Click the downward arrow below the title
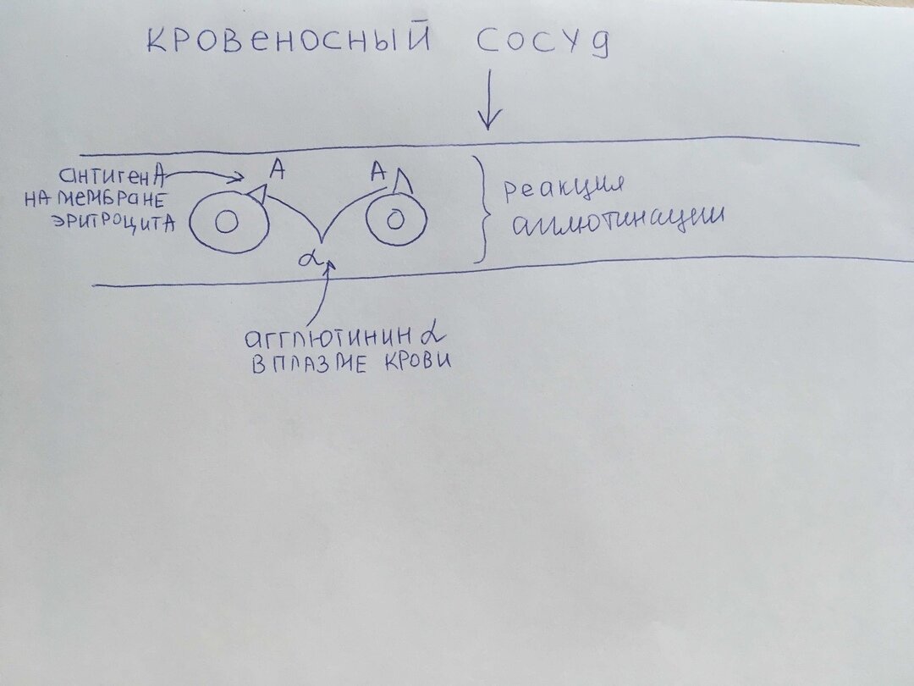pyautogui.click(x=488, y=106)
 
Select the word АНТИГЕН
pyautogui.click(x=105, y=176)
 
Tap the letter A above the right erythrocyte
pyautogui.click(x=378, y=173)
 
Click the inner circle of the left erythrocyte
pyautogui.click(x=226, y=223)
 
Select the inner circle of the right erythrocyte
pyautogui.click(x=395, y=220)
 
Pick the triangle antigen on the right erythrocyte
pyautogui.click(x=404, y=180)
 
